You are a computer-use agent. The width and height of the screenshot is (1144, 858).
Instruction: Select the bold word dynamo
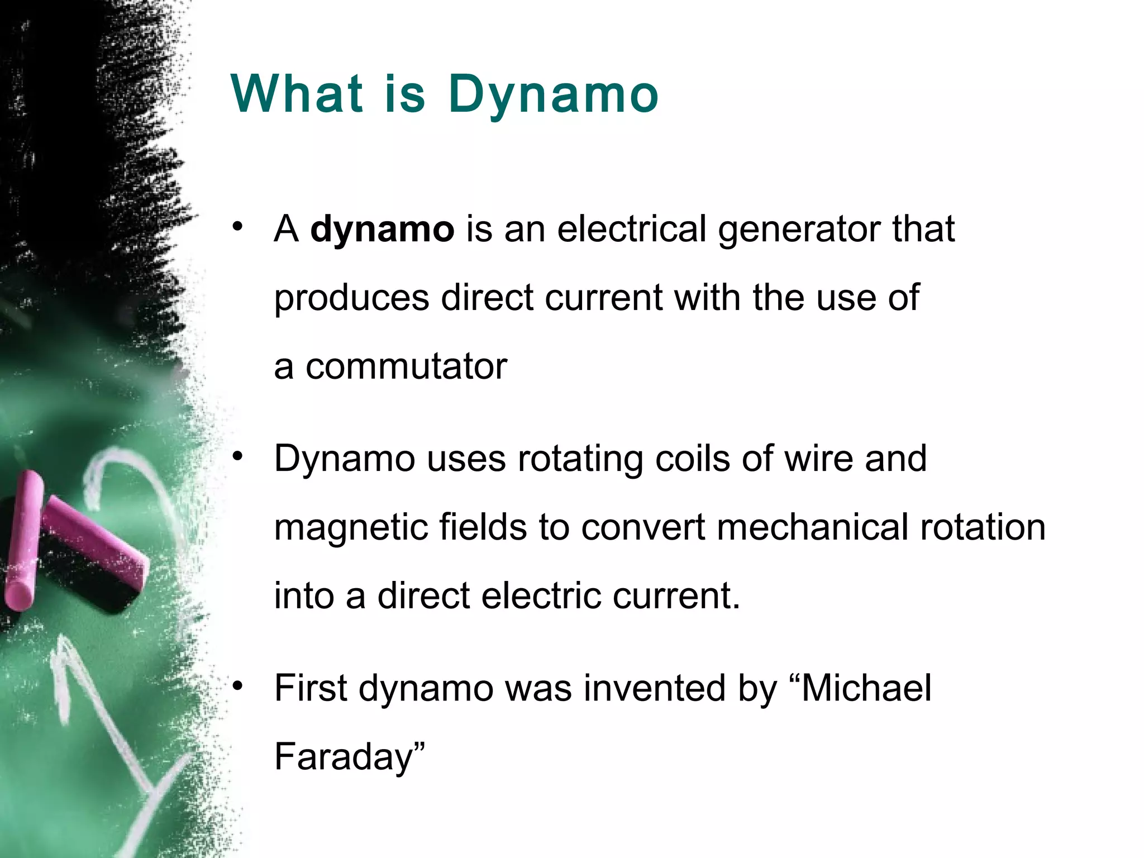click(382, 230)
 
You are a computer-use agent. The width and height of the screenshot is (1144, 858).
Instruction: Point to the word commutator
click(406, 367)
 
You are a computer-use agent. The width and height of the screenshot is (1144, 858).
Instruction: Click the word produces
click(351, 298)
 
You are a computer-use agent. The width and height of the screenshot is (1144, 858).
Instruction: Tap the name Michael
click(866, 688)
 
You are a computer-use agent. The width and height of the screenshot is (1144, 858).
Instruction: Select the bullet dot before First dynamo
click(238, 686)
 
